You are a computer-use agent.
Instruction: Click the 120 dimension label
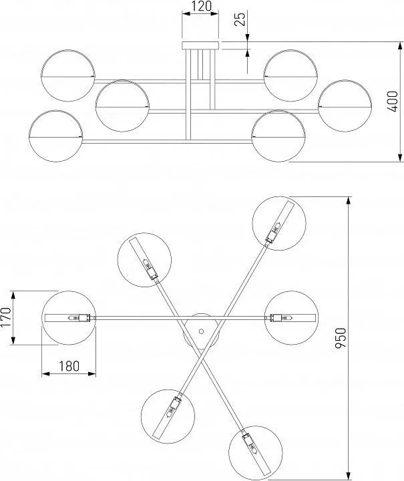pyautogui.click(x=202, y=6)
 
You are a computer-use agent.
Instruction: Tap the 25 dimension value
pyautogui.click(x=241, y=19)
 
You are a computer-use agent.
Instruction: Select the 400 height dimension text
pyautogui.click(x=393, y=102)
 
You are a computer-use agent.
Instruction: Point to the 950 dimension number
pyautogui.click(x=341, y=338)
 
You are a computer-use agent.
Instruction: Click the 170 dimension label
pyautogui.click(x=6, y=317)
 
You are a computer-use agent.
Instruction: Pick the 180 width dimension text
pyautogui.click(x=69, y=366)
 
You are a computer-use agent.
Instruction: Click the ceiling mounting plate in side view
pyautogui.click(x=201, y=45)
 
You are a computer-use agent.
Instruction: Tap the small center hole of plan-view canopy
pyautogui.click(x=202, y=331)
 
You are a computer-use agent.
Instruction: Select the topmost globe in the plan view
pyautogui.click(x=279, y=223)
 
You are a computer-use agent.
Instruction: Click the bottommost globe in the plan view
pyautogui.click(x=256, y=452)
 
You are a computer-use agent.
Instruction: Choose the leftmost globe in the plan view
pyautogui.click(x=69, y=318)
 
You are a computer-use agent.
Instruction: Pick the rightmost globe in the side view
pyautogui.click(x=345, y=106)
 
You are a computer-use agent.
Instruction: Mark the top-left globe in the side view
pyautogui.click(x=68, y=75)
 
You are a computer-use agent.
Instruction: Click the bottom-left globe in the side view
pyautogui.click(x=55, y=136)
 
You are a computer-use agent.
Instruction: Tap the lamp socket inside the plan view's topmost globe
pyautogui.click(x=272, y=236)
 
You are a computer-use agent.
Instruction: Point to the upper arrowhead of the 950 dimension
pyautogui.click(x=348, y=200)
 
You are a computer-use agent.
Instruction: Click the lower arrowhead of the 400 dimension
pyautogui.click(x=400, y=158)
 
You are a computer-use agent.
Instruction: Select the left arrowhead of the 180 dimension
pyautogui.click(x=45, y=373)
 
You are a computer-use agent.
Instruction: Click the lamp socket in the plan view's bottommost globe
pyautogui.click(x=246, y=438)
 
